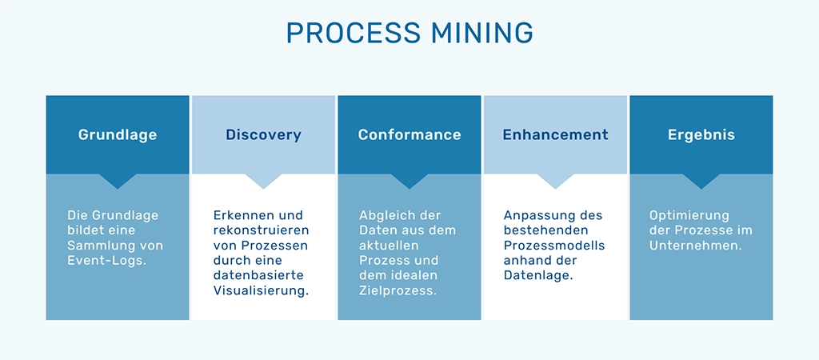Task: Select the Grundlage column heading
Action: pos(118,135)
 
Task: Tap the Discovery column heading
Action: pos(263,135)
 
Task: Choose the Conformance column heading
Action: pos(409,135)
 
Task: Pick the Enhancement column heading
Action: pos(555,135)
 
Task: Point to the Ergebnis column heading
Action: pos(701,135)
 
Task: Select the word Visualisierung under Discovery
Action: pos(261,290)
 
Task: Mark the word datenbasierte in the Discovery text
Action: pos(252,275)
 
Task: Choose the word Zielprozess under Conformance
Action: pos(398,290)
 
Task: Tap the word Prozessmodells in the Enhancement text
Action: pos(554,246)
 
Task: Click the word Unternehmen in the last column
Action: pos(695,246)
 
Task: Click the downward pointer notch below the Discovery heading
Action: pos(263,182)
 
